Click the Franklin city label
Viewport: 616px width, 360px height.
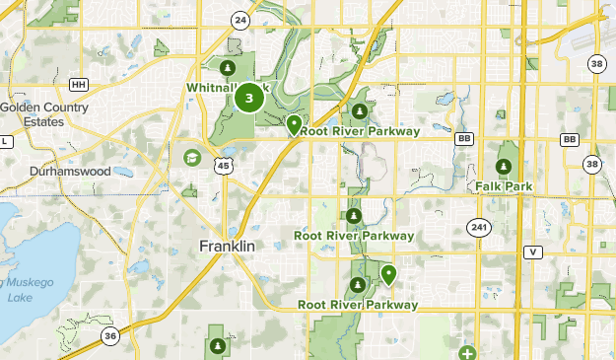[227, 245]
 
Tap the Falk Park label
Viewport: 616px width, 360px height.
[504, 185]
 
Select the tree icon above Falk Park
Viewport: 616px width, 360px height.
[504, 166]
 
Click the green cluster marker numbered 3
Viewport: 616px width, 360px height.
[250, 98]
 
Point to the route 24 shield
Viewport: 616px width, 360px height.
[240, 20]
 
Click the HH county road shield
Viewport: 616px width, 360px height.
[80, 85]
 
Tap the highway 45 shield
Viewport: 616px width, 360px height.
[224, 166]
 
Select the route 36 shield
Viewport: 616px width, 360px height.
[110, 336]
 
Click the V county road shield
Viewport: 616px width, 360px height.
[533, 252]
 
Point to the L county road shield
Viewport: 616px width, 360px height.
[4, 142]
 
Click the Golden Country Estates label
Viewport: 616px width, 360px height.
[43, 114]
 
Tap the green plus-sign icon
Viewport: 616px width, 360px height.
[466, 353]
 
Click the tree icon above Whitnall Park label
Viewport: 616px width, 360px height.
[228, 68]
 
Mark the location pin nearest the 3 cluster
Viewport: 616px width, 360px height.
[294, 124]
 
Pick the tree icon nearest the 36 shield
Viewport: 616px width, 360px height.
[217, 345]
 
